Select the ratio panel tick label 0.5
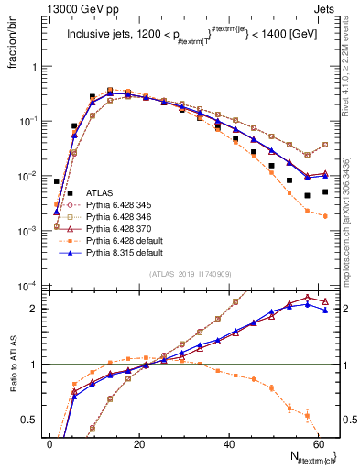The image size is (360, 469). click(x=33, y=420)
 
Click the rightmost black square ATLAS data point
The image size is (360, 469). click(x=324, y=192)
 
